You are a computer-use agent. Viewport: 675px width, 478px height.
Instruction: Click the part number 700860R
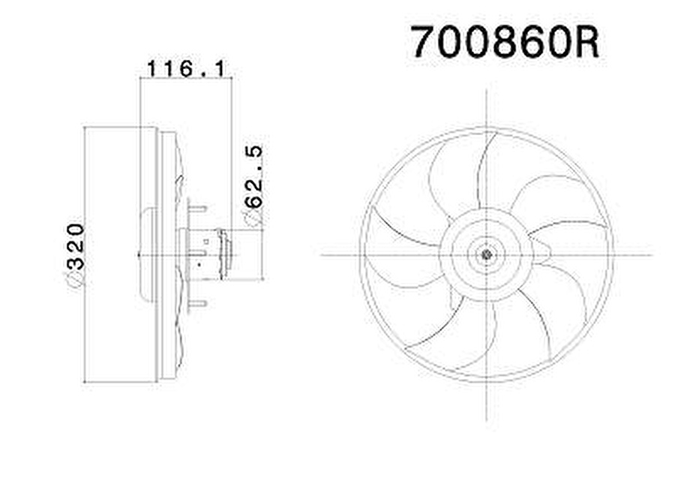click(x=504, y=43)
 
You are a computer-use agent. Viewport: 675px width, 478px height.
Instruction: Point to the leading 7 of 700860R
click(x=423, y=43)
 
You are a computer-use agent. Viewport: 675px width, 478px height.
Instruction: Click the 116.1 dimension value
click(x=185, y=69)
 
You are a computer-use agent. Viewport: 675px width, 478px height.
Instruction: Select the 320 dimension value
click(x=75, y=245)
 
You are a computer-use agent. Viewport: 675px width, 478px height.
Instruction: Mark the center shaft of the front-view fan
click(x=487, y=254)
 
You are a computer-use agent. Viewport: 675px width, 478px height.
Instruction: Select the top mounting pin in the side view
click(x=196, y=207)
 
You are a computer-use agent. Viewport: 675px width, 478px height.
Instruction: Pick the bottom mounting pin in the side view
click(x=196, y=303)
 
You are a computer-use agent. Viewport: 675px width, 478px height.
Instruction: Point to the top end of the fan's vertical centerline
click(x=487, y=92)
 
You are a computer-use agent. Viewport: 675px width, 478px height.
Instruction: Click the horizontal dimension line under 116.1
click(x=185, y=78)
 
